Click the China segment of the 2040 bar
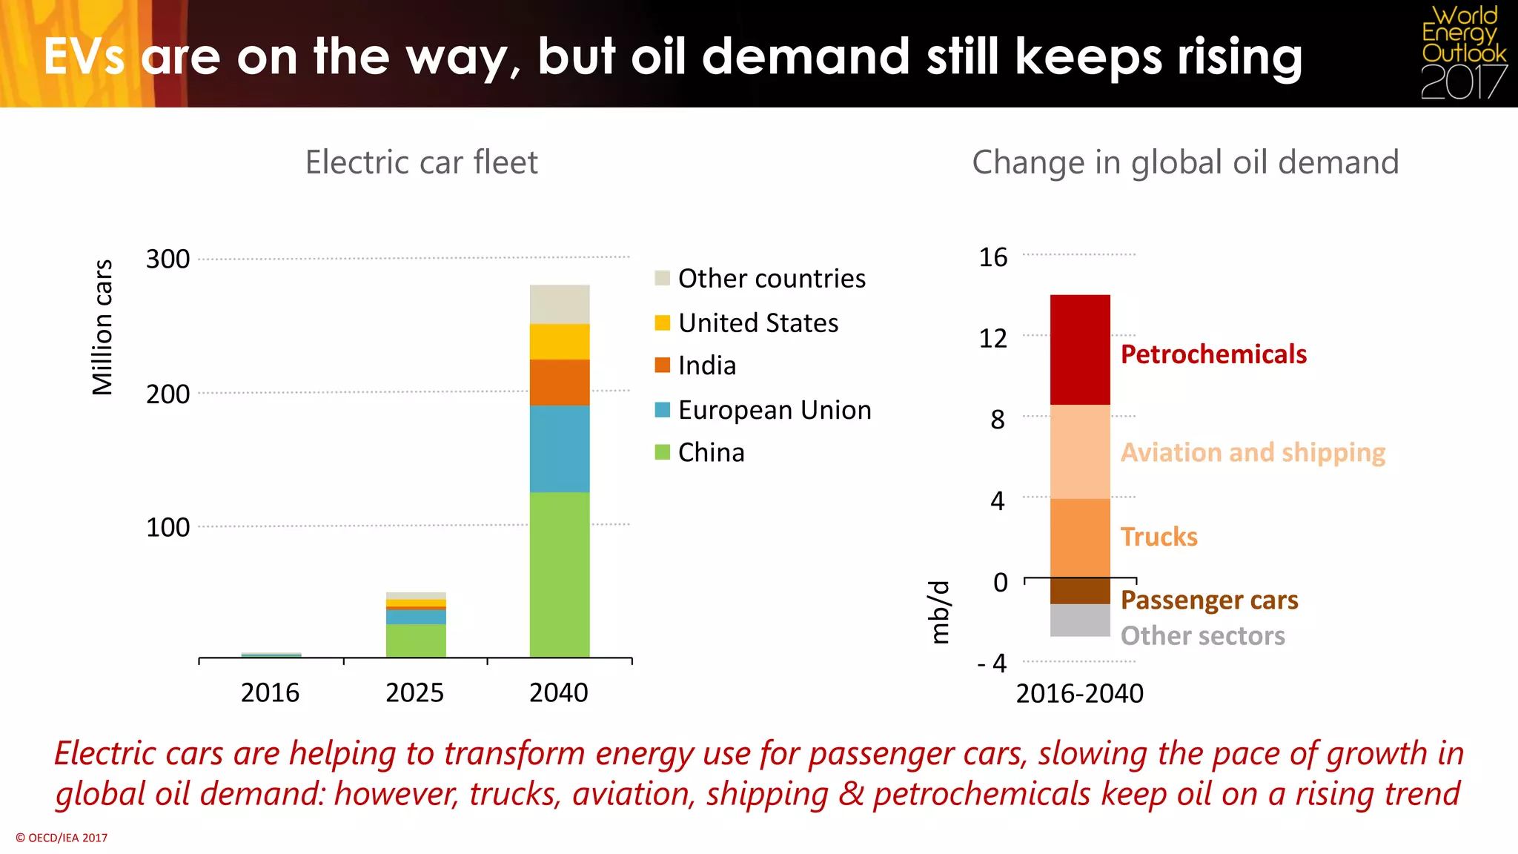[x=560, y=575]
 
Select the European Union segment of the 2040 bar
[x=560, y=448]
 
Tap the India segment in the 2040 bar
[x=560, y=383]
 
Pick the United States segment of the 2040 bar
[x=560, y=342]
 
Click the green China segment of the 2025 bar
[x=416, y=640]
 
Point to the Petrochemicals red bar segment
[x=1080, y=350]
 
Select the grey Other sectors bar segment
[x=1080, y=620]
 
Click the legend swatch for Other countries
[x=663, y=279]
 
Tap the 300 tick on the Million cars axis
[x=168, y=259]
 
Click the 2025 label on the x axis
[x=414, y=693]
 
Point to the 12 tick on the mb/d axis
[x=993, y=339]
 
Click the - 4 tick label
[x=992, y=663]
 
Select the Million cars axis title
[x=102, y=327]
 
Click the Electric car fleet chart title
[x=421, y=162]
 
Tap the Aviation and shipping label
[x=1253, y=452]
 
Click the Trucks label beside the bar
[x=1159, y=537]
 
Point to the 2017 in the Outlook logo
[x=1464, y=82]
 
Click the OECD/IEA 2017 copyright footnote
[x=62, y=838]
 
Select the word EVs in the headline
[x=84, y=57]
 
